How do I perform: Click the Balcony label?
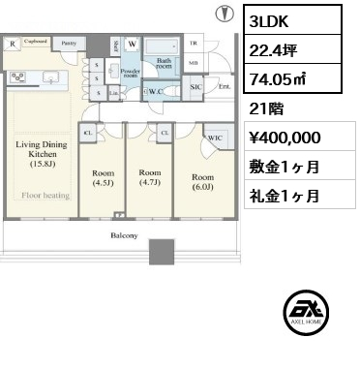tap(123, 236)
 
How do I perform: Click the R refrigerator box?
tap(11, 44)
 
